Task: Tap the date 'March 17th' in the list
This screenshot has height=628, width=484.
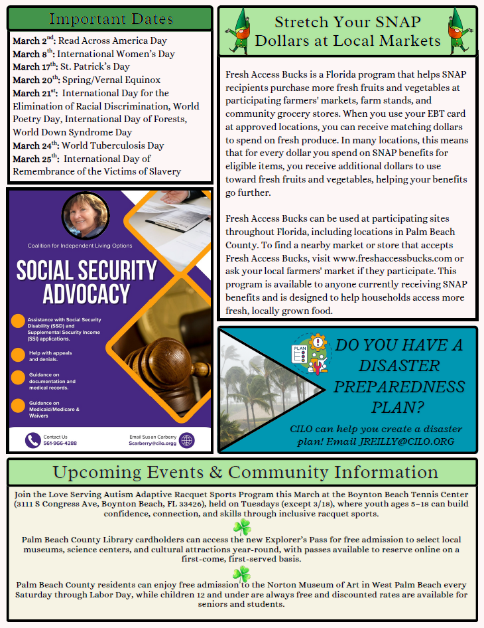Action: click(34, 66)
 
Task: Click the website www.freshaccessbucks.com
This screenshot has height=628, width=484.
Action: click(393, 258)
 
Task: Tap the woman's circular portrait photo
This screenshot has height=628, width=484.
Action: click(86, 215)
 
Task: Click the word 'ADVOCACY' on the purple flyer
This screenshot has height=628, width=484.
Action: click(86, 293)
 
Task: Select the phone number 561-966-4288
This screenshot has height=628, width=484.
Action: click(60, 443)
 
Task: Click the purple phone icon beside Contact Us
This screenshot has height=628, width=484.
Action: click(32, 440)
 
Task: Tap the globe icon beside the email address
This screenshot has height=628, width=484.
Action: click(187, 440)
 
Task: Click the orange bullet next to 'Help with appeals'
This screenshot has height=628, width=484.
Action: click(18, 355)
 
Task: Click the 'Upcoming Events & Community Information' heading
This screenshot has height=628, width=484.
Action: click(245, 472)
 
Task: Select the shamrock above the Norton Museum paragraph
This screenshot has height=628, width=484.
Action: click(241, 574)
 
